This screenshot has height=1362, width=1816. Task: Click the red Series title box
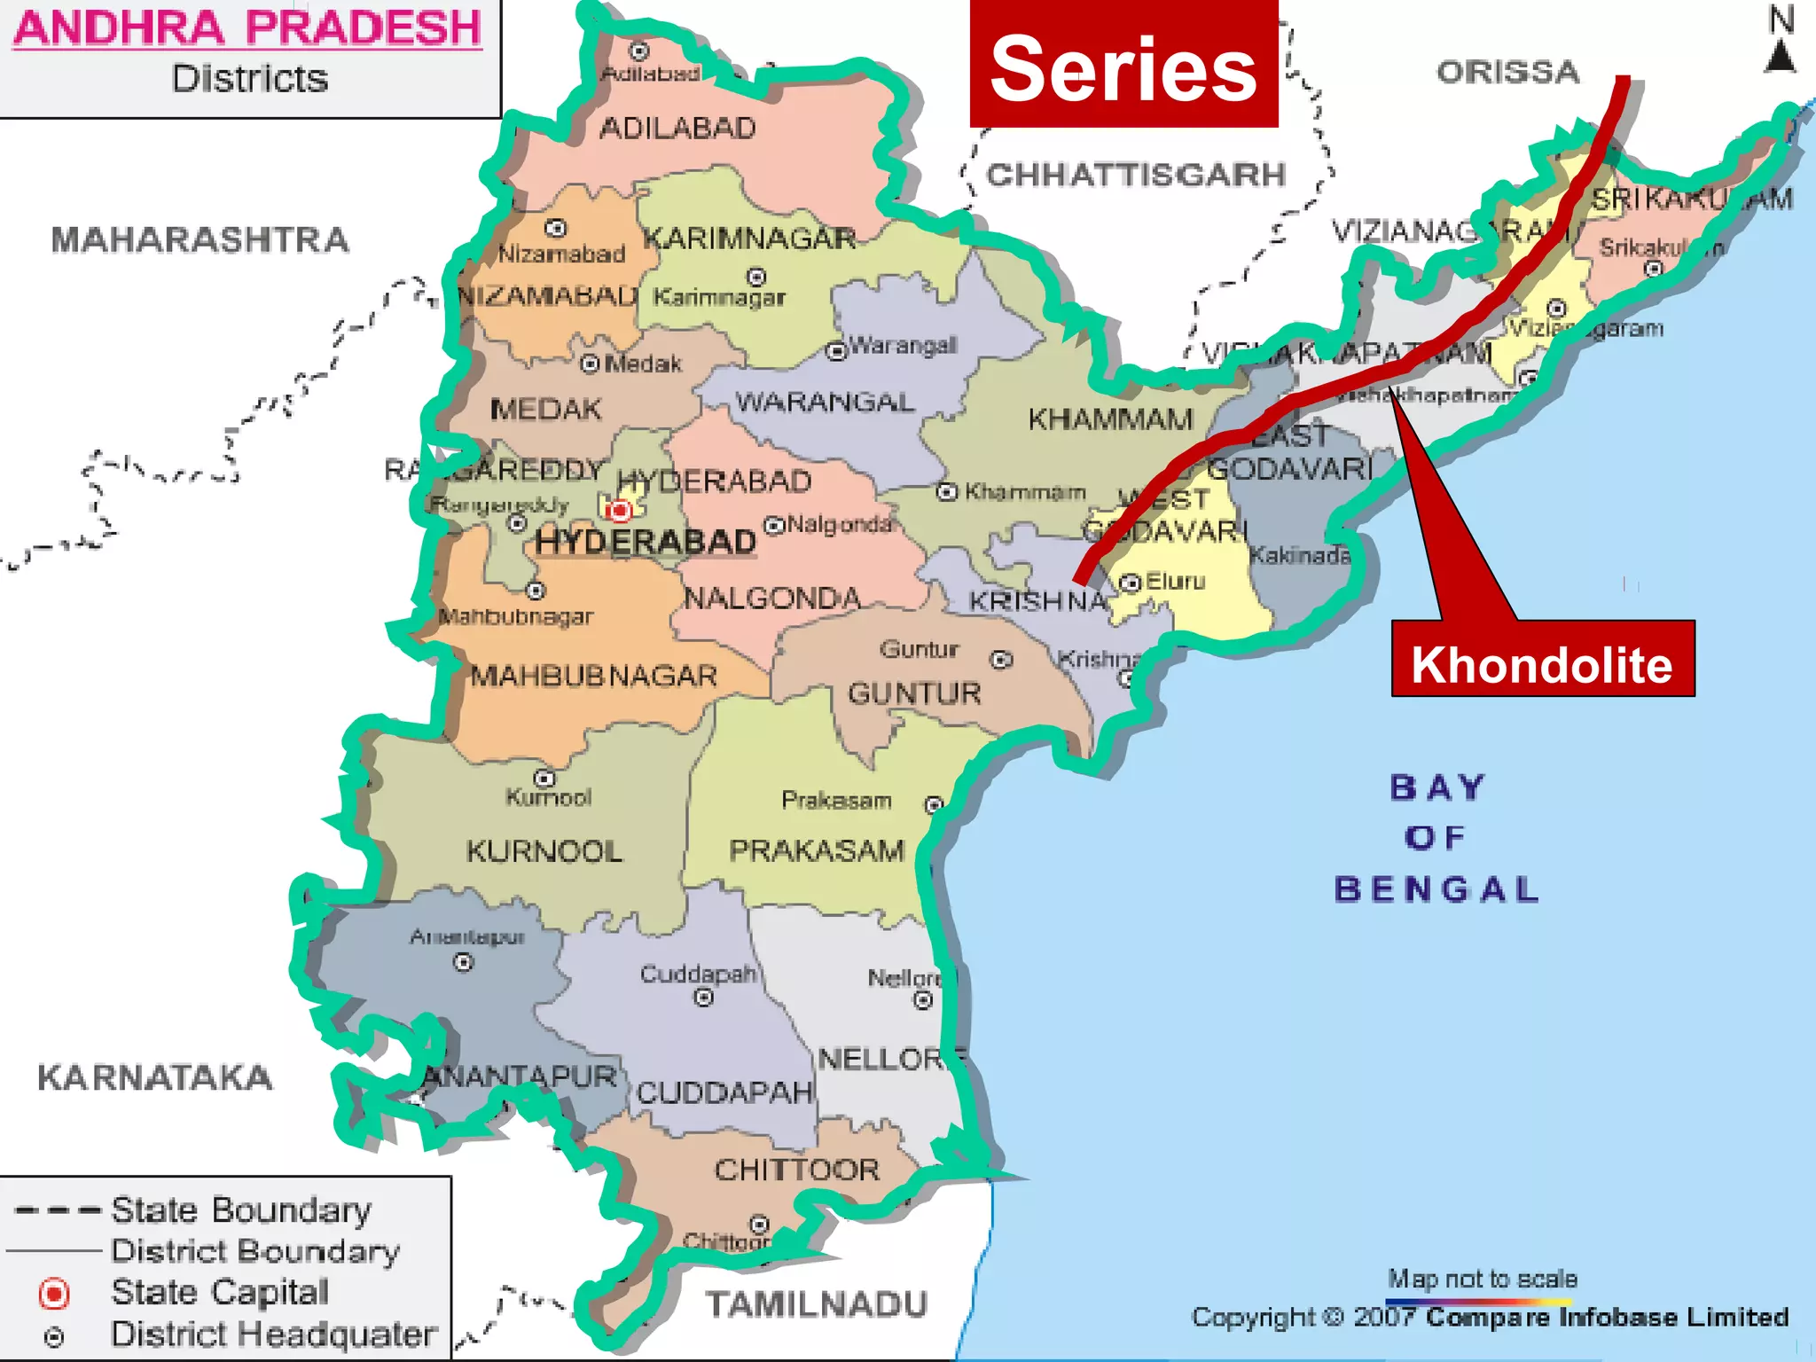click(x=1123, y=67)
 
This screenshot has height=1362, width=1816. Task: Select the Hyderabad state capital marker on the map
click(x=619, y=510)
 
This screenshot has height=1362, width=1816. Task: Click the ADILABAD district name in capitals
click(x=677, y=129)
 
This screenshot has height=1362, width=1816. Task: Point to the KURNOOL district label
click(x=544, y=851)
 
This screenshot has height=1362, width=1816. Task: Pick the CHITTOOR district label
click(x=796, y=1170)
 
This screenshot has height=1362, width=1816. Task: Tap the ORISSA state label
click(x=1507, y=72)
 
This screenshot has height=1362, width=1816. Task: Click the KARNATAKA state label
click(x=154, y=1077)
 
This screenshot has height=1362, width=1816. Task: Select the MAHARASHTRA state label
click(x=200, y=239)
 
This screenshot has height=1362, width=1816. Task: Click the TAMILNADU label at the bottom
click(x=816, y=1304)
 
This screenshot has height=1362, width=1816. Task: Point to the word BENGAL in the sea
click(x=1436, y=888)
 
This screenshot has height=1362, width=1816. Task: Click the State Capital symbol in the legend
click(x=54, y=1294)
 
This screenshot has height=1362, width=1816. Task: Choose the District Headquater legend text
click(x=273, y=1334)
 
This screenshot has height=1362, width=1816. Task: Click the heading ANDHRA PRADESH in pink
click(x=247, y=27)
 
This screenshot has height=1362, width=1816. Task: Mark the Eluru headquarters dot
click(x=1130, y=583)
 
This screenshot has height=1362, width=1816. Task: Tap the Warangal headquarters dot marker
click(x=836, y=351)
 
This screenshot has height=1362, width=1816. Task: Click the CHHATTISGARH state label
click(x=1135, y=175)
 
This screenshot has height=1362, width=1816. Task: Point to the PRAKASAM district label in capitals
click(x=816, y=850)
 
